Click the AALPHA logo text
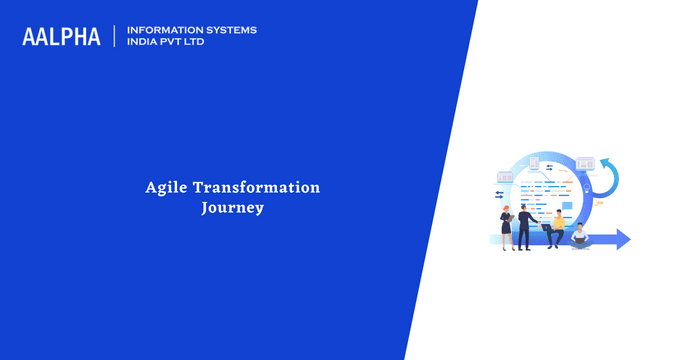61,37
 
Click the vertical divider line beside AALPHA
115,36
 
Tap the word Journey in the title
232,209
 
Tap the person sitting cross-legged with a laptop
580,236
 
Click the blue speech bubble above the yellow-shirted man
566,206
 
